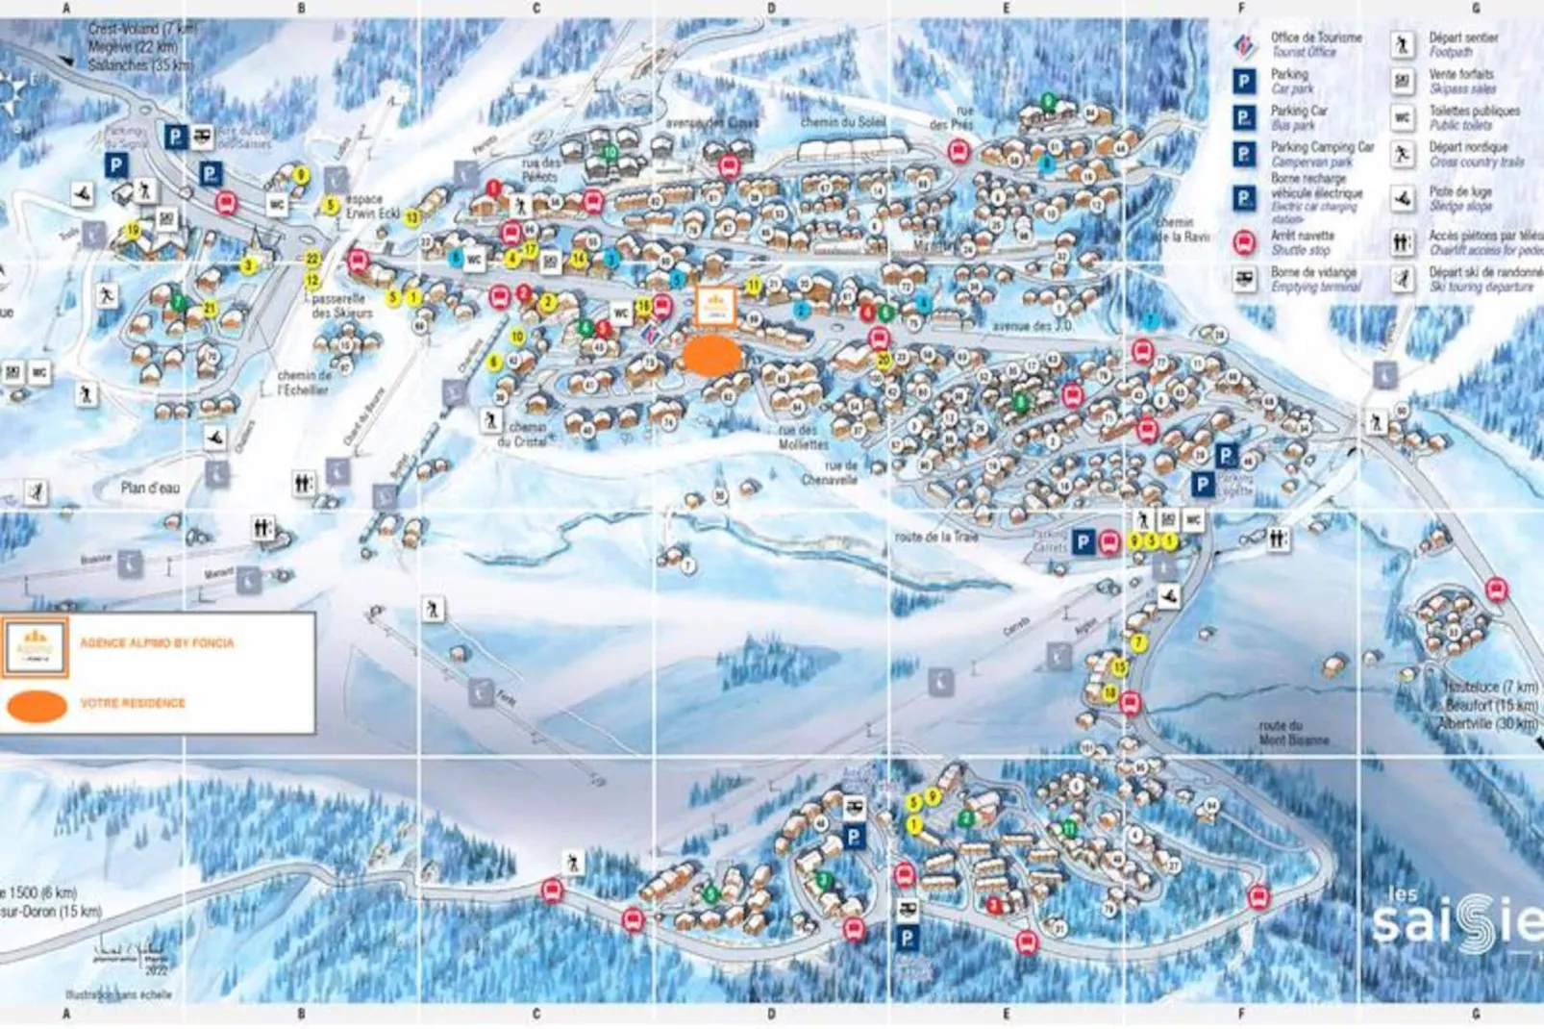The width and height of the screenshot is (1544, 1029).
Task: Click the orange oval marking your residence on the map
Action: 712,356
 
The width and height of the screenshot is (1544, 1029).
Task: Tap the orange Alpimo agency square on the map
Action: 715,306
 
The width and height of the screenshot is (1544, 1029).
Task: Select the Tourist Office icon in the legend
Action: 1244,45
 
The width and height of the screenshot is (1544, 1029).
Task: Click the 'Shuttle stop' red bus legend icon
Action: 1244,242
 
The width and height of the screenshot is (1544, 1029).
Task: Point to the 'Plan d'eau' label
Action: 150,489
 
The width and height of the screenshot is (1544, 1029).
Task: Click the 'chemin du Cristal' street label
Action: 528,434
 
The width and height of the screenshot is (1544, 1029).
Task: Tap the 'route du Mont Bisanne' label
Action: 1294,733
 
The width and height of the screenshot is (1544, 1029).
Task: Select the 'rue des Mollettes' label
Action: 803,438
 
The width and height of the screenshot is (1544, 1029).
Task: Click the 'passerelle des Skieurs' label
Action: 341,306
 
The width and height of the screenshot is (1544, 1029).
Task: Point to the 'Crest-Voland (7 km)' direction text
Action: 142,29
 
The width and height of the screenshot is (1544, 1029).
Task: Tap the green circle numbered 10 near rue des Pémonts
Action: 610,152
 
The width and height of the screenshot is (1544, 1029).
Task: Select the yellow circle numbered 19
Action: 133,230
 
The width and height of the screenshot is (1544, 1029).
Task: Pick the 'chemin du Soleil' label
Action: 843,122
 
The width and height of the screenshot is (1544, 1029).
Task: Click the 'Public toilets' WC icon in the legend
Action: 1403,117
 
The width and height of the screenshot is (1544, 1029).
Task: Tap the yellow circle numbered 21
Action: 210,309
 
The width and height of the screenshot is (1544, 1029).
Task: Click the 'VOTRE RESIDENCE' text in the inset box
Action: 133,703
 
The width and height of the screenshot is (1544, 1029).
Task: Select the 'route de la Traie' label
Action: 935,537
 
